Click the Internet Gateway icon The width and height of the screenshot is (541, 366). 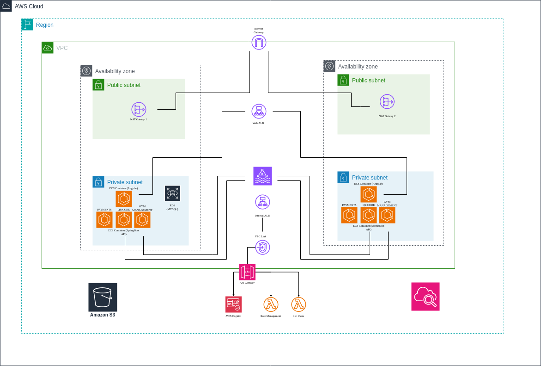coord(259,43)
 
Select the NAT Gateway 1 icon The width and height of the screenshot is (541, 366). coord(138,110)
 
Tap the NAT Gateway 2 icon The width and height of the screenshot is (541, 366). coord(387,102)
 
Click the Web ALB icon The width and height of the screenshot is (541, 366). coord(259,112)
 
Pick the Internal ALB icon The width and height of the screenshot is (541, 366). coord(262,202)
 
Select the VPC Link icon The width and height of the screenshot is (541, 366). coord(262,247)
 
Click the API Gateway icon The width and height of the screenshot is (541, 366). coord(247,272)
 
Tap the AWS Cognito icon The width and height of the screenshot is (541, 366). coord(233,304)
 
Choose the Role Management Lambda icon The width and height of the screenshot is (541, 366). coord(271,304)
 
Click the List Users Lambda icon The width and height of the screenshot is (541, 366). coord(298,304)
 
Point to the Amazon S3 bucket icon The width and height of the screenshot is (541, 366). coord(103,297)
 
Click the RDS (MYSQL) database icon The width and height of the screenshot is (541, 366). coord(172,193)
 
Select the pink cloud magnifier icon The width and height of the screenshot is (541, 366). coord(426,297)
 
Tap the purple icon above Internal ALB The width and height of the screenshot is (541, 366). coord(262,176)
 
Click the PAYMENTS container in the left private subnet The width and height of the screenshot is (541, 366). coord(104,220)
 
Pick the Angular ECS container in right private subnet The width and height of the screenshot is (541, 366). coord(368,194)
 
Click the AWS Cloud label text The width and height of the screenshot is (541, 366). coord(29,6)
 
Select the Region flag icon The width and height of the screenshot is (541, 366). coord(27,25)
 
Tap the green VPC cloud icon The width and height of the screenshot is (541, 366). coord(48,48)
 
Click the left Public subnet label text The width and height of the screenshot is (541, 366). coord(124,85)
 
